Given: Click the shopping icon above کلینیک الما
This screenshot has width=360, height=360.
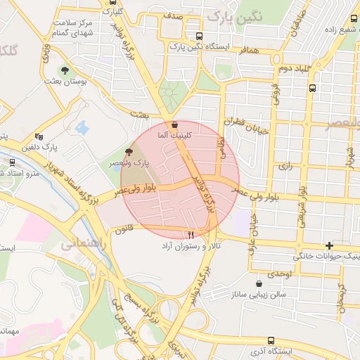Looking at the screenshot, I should coord(174,124).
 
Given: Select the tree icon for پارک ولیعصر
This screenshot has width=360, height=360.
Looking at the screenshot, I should coord(129,151).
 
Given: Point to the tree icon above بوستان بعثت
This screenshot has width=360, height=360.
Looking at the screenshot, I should coord(65,70).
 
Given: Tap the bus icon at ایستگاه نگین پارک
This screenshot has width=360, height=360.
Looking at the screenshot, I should coord(199,36).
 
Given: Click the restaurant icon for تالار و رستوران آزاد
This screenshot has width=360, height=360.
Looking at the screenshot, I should coord(190,235).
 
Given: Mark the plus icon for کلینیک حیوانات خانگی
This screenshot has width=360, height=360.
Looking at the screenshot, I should coord(329,245).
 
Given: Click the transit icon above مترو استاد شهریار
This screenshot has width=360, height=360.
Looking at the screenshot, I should coord(12,162).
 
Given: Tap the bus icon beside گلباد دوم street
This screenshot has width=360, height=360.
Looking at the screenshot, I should coord(312,89).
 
